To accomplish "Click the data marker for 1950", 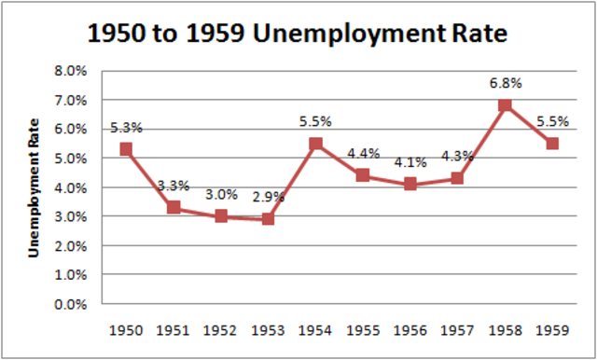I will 126,149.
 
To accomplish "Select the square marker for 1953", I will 268,219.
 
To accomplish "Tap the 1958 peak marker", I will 505,105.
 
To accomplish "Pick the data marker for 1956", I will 410,184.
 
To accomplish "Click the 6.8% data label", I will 505,83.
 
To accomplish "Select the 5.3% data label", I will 126,127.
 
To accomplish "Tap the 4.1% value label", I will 410,162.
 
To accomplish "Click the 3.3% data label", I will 174,187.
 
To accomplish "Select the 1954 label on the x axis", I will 315,329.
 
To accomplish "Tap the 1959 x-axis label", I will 552,329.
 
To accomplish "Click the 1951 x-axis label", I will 174,329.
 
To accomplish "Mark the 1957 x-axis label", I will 457,329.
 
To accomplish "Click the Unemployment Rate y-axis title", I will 33,187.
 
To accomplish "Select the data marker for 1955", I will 363,175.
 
